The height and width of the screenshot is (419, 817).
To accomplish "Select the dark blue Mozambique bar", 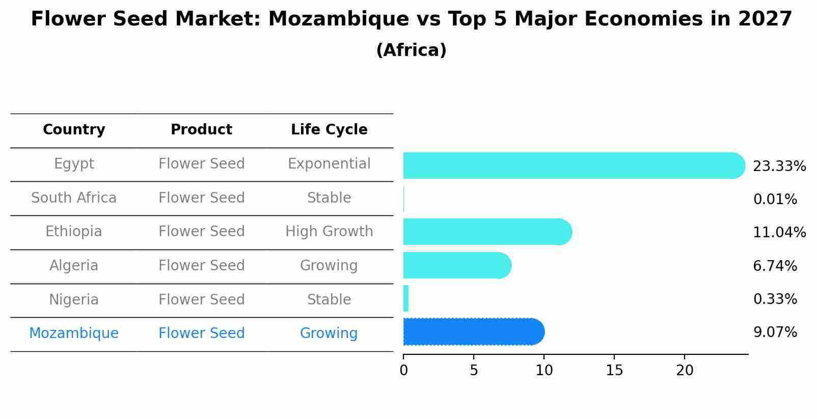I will click(474, 332).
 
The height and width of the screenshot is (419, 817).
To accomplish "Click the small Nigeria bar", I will click(406, 298).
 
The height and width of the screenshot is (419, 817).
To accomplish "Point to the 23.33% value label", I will click(779, 166).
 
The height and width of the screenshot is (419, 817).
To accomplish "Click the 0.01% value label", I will click(775, 200).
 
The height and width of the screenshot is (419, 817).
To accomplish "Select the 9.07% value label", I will click(775, 332).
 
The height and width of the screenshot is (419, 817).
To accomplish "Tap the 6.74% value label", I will click(775, 266).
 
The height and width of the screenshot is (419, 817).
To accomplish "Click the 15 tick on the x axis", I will click(614, 371).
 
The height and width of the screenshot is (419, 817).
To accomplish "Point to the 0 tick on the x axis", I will click(403, 371).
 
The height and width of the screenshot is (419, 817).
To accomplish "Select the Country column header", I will click(74, 130).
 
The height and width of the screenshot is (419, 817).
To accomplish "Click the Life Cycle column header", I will click(329, 130).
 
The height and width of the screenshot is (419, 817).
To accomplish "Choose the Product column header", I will click(201, 130).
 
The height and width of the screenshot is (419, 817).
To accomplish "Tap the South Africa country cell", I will click(74, 198).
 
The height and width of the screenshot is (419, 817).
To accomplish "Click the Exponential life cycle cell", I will click(329, 164).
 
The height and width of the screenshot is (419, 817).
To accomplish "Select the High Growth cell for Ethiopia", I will click(329, 232).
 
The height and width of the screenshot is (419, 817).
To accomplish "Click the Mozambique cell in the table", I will click(74, 333).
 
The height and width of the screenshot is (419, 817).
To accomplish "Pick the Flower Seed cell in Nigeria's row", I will click(201, 299).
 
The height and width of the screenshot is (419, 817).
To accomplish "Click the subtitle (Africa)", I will click(411, 50).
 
